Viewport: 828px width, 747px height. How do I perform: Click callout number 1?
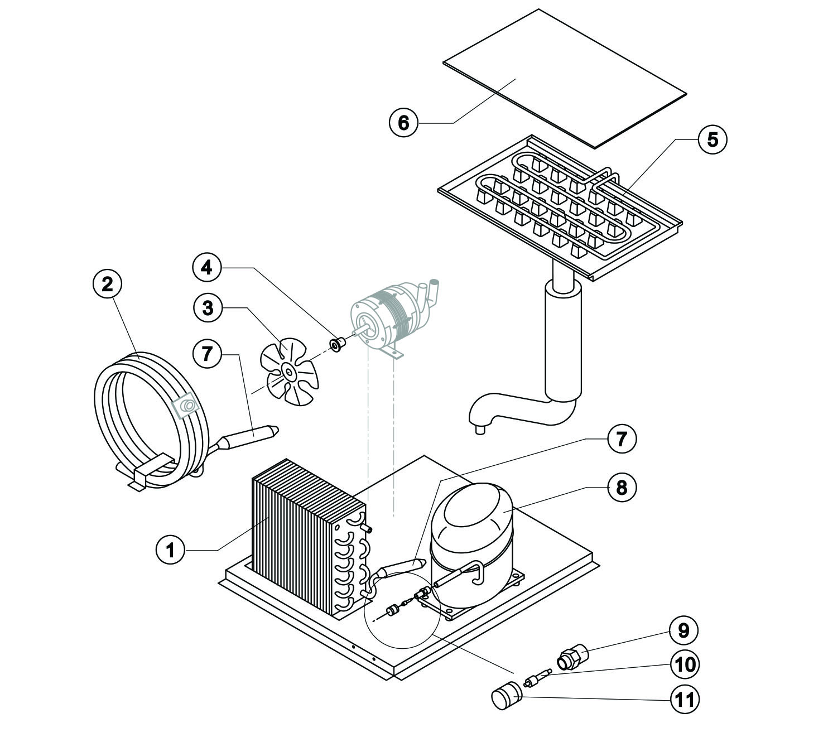(171, 550)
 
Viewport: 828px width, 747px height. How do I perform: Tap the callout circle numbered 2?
(107, 284)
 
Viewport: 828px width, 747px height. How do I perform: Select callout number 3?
(208, 307)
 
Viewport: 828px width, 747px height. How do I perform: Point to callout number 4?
(206, 268)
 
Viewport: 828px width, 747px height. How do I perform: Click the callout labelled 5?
(713, 139)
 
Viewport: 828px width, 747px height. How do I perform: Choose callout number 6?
(403, 122)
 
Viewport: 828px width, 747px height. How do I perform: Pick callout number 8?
(621, 487)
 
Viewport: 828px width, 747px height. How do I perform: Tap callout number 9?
(683, 630)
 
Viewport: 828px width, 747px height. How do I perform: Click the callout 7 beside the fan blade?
(208, 353)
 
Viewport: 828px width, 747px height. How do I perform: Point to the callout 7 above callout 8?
(621, 438)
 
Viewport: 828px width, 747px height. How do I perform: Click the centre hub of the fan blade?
(289, 371)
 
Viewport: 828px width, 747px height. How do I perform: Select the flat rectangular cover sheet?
(564, 78)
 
